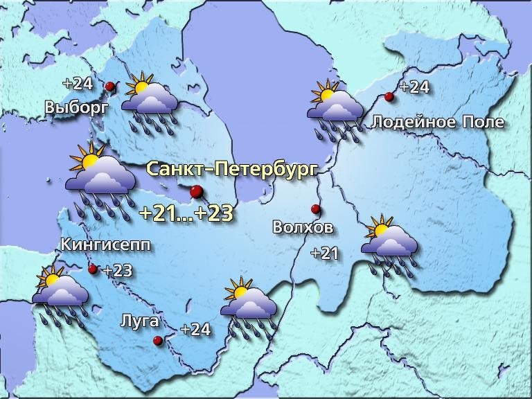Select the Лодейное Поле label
tap(438, 123)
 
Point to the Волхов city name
tap(303, 227)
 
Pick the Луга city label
tap(140, 321)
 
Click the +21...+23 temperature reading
tap(186, 213)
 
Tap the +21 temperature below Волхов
tap(324, 254)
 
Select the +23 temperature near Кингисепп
tap(117, 271)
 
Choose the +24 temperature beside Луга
tap(195, 330)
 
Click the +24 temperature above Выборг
tap(77, 84)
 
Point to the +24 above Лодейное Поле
tap(415, 87)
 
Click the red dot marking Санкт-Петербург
tap(197, 192)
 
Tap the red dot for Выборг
tap(110, 87)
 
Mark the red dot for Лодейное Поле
tap(389, 97)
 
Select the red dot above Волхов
tap(315, 209)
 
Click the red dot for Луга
tap(158, 340)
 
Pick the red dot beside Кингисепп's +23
tap(93, 269)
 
